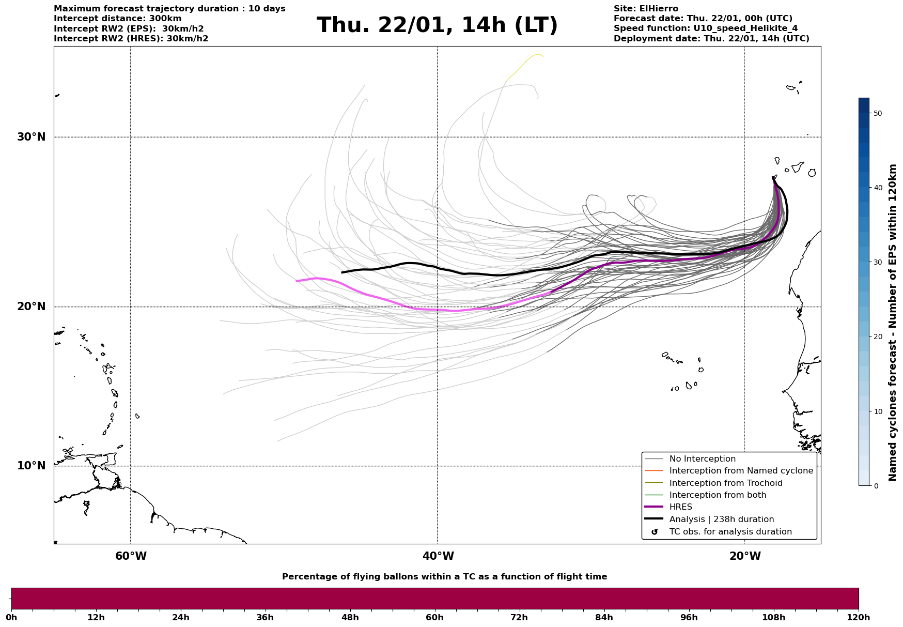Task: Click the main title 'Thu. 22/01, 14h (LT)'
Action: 437,25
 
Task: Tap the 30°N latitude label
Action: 32,137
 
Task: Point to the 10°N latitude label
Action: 32,466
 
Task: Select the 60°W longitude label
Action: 131,556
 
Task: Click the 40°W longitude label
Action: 438,556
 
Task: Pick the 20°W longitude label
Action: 745,556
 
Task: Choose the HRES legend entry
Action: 680,507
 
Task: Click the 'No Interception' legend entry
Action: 702,459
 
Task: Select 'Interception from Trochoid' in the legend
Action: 725,483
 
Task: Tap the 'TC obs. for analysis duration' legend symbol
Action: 655,532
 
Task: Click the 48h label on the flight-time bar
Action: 350,617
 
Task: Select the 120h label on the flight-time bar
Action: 859,617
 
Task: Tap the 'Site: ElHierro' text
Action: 646,9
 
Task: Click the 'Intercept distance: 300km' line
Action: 118,19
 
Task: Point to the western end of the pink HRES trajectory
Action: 297,281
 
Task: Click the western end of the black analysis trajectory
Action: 342,272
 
